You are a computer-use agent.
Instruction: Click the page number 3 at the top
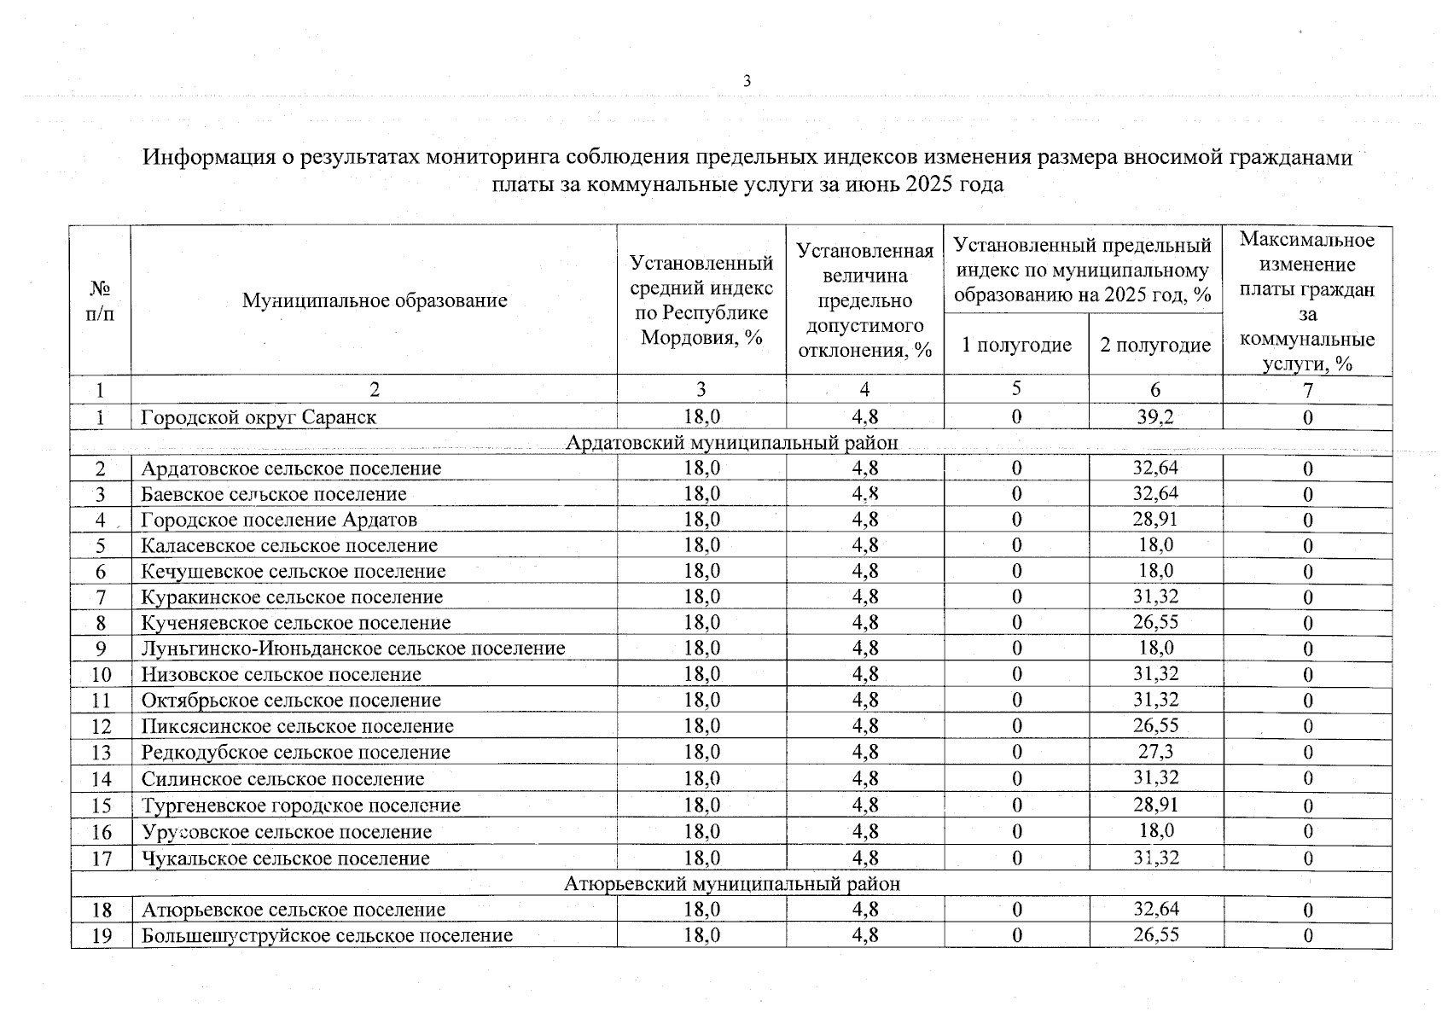point(747,82)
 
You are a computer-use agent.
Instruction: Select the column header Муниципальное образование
point(374,300)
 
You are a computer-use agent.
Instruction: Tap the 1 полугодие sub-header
point(1015,345)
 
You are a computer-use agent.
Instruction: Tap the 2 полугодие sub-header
point(1154,345)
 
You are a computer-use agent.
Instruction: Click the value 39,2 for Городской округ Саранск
point(1155,416)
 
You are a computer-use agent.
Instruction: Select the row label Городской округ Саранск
point(259,417)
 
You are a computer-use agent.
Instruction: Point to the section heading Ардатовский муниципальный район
point(731,443)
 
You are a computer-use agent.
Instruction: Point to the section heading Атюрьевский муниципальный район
point(731,884)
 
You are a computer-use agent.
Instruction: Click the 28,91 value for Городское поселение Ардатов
point(1155,519)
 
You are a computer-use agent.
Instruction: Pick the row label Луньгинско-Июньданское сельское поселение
point(352,649)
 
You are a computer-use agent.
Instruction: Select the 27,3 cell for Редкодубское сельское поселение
point(1155,752)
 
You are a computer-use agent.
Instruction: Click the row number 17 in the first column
point(102,858)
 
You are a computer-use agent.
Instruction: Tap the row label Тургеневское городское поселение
point(300,806)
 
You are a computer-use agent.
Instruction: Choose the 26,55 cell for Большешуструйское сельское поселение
point(1155,935)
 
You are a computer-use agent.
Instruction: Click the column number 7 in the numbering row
point(1307,391)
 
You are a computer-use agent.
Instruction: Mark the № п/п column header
point(100,300)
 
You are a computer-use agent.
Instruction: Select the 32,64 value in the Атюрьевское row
point(1155,910)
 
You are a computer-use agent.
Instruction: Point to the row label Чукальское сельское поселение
point(285,858)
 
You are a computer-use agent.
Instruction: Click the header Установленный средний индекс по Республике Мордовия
point(701,300)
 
